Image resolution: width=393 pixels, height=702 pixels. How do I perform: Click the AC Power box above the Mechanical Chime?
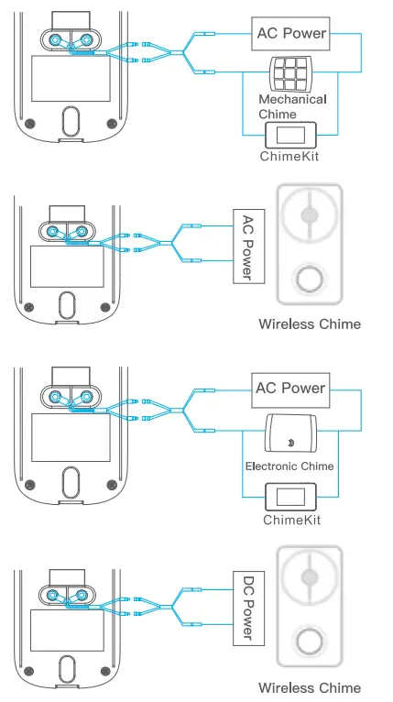[x=290, y=35]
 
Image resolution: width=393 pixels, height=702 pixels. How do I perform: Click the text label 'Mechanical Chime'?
[x=291, y=106]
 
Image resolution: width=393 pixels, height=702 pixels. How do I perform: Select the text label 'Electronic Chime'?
[x=289, y=466]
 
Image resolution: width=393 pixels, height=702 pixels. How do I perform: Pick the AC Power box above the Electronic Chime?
[x=290, y=389]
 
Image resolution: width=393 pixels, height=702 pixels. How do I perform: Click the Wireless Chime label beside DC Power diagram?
[x=310, y=687]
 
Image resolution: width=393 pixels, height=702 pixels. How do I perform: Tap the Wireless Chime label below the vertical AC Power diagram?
[x=310, y=324]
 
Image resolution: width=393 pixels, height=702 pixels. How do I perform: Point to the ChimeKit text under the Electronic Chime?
[x=290, y=521]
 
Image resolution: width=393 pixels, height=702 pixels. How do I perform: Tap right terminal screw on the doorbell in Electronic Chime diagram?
[x=87, y=396]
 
